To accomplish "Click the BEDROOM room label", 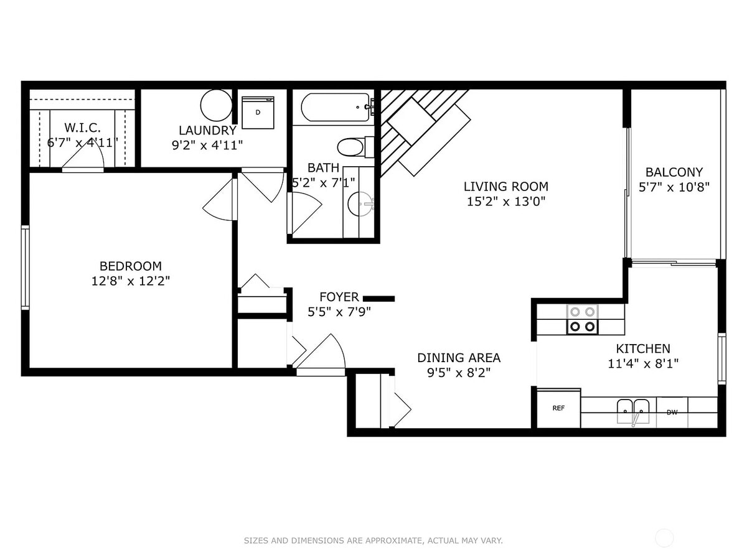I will [x=130, y=266].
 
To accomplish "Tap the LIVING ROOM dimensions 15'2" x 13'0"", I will [x=505, y=201].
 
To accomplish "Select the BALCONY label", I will [x=674, y=172].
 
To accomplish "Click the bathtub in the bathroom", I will [x=336, y=108].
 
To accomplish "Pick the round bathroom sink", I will [x=360, y=203].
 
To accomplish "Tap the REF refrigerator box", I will [x=558, y=408].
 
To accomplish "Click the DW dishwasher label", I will [x=672, y=412].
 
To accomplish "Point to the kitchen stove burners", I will [x=582, y=319].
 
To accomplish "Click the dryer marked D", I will [x=258, y=113].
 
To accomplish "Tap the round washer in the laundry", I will [x=216, y=105].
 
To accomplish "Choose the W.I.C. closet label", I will [x=82, y=128].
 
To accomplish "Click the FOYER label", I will [x=339, y=297].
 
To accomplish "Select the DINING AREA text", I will [x=458, y=358].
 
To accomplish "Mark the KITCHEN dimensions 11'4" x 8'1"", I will [x=642, y=363].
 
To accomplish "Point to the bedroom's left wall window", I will [x=26, y=267].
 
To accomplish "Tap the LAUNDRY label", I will [x=207, y=131].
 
